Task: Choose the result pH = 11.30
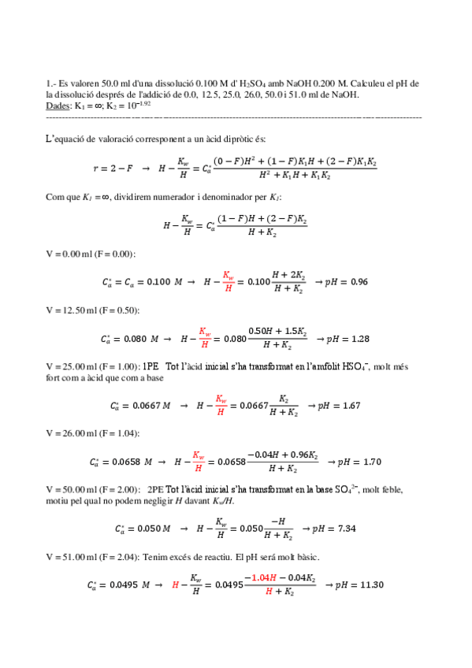(x=359, y=584)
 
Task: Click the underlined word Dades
(x=59, y=105)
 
